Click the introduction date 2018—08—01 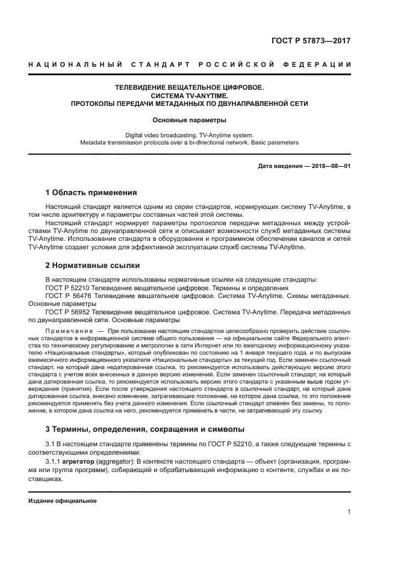point(332,166)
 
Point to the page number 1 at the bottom point(349,512)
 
